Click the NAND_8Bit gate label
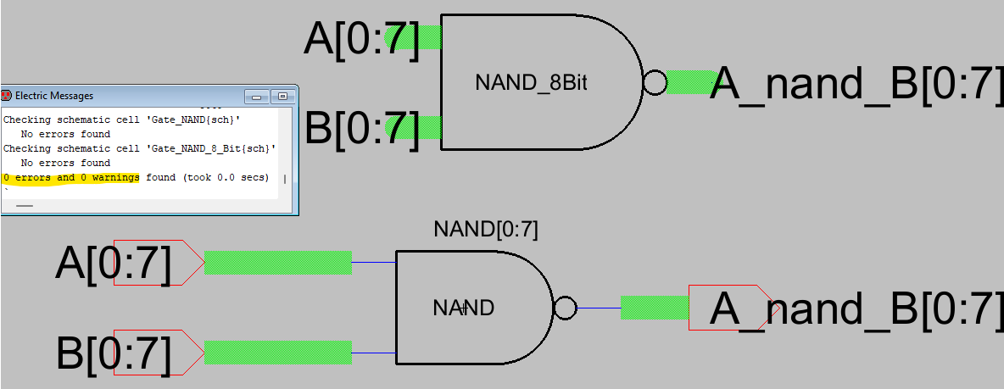531,83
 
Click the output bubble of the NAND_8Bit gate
655,83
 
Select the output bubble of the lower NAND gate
565,308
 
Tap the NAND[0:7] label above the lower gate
485,230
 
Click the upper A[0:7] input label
362,40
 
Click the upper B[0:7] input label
362,129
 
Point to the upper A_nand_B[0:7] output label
856,83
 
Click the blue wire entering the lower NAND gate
373,353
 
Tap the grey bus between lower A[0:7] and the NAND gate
277,263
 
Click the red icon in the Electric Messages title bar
7,96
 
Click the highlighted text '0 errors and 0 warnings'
71,178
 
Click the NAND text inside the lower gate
463,308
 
